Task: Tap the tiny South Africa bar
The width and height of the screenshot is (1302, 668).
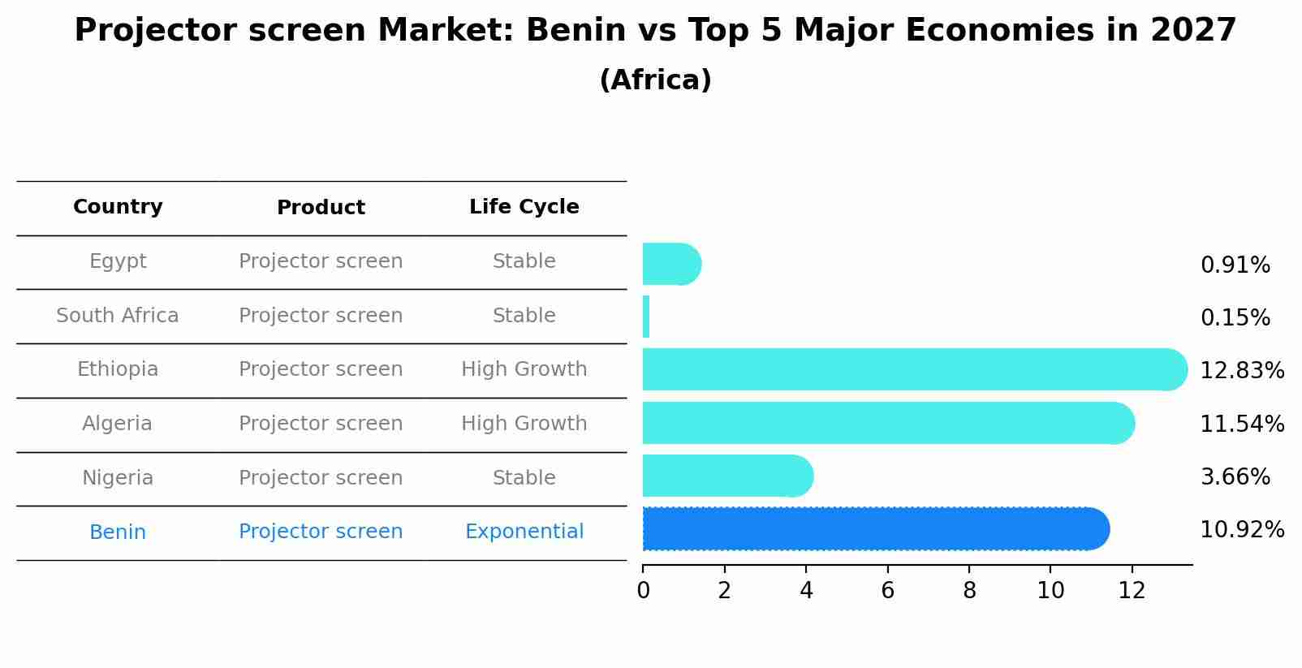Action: [646, 317]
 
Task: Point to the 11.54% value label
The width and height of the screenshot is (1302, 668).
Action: [1241, 424]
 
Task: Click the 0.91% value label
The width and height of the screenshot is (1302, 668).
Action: [1235, 265]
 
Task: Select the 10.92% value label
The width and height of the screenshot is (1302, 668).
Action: [1241, 530]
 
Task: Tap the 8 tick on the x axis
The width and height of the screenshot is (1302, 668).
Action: [969, 591]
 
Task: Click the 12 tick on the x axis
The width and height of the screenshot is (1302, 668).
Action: [1132, 591]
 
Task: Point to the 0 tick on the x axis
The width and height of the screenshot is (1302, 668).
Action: [644, 591]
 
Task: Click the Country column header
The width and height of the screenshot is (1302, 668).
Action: [118, 207]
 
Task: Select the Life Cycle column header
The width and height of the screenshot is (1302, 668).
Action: [524, 207]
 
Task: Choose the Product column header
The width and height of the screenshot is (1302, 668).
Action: [321, 208]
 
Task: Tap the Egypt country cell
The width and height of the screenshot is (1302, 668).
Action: [118, 261]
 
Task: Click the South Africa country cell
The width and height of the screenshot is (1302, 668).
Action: [118, 316]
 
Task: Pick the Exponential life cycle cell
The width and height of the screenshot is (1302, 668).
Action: [524, 532]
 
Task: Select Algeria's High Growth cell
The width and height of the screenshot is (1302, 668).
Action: [524, 424]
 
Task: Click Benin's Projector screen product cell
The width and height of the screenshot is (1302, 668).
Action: [321, 532]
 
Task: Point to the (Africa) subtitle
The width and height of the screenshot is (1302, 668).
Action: [655, 80]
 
